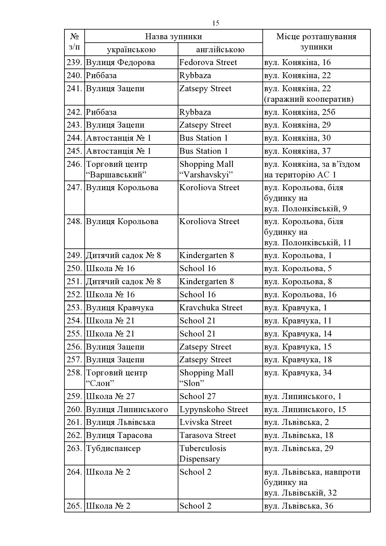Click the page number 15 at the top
coord(216,23)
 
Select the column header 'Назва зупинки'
coord(173,36)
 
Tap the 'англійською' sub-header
coord(220,50)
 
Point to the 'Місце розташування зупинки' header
coord(316,42)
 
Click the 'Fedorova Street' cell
coord(208,63)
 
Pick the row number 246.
coord(74,164)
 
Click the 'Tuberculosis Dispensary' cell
coord(203,454)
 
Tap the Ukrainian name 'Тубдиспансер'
coord(113,449)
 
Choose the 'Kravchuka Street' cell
coord(211,308)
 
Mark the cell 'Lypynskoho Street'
coord(214,409)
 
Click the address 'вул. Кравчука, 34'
coord(298,373)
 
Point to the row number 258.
coord(74,373)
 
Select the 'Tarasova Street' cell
coord(208,435)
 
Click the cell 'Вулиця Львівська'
coord(120,422)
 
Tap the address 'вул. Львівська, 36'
coord(299,506)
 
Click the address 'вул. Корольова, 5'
coord(298,268)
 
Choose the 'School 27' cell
coord(197,397)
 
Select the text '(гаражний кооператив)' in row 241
coord(309,99)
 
